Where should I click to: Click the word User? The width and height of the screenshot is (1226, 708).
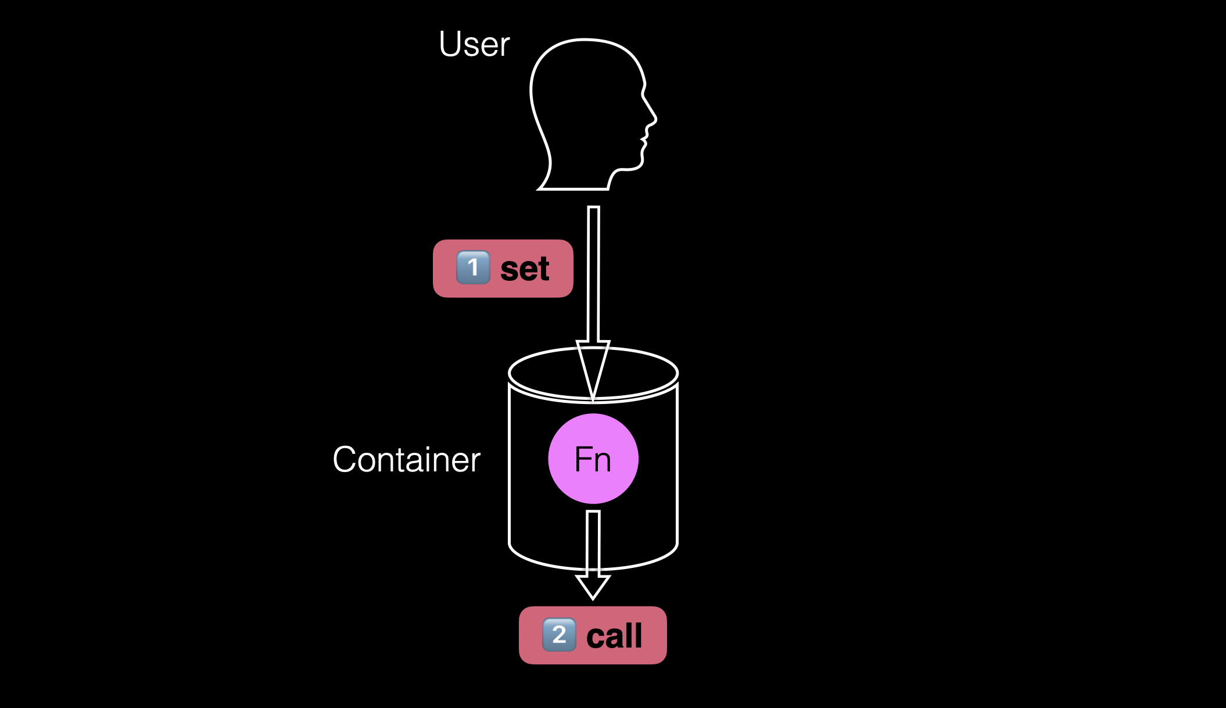[474, 44]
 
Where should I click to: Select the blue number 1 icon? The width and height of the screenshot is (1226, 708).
[473, 267]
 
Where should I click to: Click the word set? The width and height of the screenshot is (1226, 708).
[525, 269]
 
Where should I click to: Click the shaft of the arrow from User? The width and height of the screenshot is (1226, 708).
[593, 273]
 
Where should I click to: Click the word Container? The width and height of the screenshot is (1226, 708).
[406, 460]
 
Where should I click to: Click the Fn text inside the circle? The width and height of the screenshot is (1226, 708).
[593, 459]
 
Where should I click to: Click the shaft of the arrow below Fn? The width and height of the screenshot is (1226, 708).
[593, 541]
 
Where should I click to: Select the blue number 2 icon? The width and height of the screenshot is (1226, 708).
[559, 635]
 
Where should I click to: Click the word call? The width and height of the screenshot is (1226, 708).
[614, 636]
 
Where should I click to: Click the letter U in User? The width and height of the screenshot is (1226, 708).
[449, 44]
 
